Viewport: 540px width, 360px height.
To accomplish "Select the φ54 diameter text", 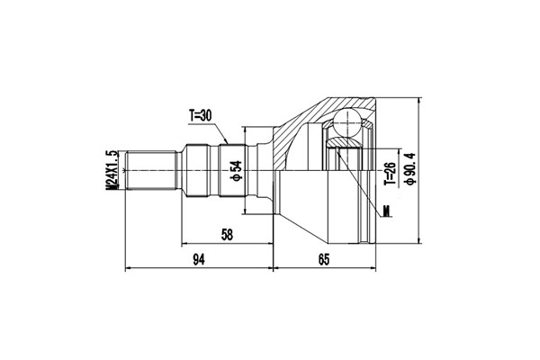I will tap(236, 170).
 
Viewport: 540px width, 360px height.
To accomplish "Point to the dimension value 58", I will tap(227, 235).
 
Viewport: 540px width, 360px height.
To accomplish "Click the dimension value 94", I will tap(200, 260).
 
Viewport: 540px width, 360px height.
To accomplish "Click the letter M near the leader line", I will tap(385, 212).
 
